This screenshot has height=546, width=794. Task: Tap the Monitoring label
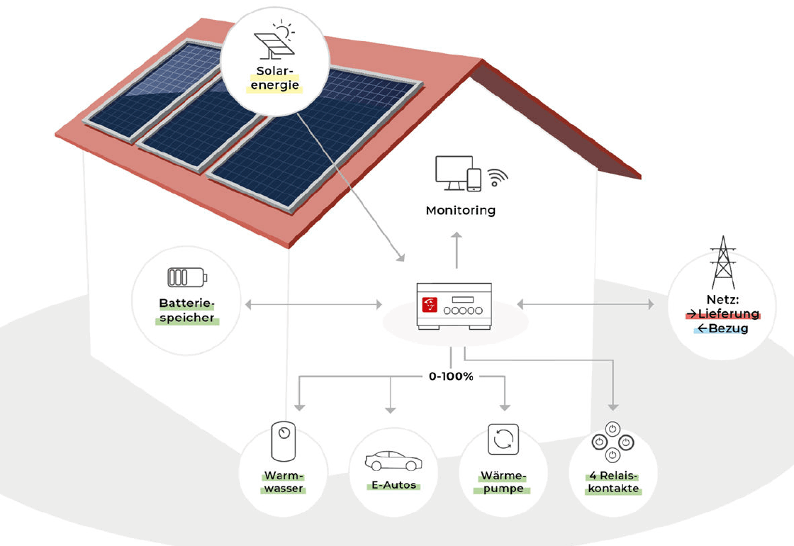pyautogui.click(x=460, y=211)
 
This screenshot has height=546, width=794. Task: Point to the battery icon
pyautogui.click(x=184, y=276)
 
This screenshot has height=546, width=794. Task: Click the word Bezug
pyautogui.click(x=725, y=329)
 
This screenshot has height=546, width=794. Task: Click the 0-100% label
pyautogui.click(x=451, y=377)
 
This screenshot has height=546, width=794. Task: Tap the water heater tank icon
pyautogui.click(x=284, y=442)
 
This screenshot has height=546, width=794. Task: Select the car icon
pyautogui.click(x=392, y=460)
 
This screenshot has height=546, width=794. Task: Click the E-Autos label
pyautogui.click(x=392, y=486)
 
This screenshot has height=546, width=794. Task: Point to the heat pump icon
pyautogui.click(x=503, y=440)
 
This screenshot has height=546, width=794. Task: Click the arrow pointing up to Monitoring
pyautogui.click(x=457, y=249)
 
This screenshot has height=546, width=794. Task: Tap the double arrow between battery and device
pyautogui.click(x=313, y=305)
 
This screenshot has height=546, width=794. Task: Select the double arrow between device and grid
pyautogui.click(x=585, y=304)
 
